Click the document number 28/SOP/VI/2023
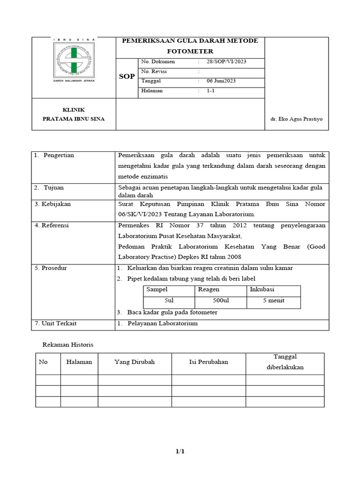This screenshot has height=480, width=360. (227, 61)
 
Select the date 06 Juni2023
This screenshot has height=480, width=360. (221, 81)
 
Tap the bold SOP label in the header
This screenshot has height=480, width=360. (127, 76)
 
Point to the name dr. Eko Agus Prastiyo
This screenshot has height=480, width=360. (297, 119)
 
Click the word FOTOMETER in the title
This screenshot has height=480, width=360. (190, 51)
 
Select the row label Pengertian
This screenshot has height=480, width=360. (59, 155)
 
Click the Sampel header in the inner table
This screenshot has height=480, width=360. (157, 290)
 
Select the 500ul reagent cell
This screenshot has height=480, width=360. (221, 300)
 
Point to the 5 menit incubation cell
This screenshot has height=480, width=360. (274, 300)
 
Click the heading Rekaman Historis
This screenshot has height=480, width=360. (68, 345)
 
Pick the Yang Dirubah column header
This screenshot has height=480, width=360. (135, 362)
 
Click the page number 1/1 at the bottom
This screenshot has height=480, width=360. (180, 451)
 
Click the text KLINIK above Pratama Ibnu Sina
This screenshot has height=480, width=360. (73, 109)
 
